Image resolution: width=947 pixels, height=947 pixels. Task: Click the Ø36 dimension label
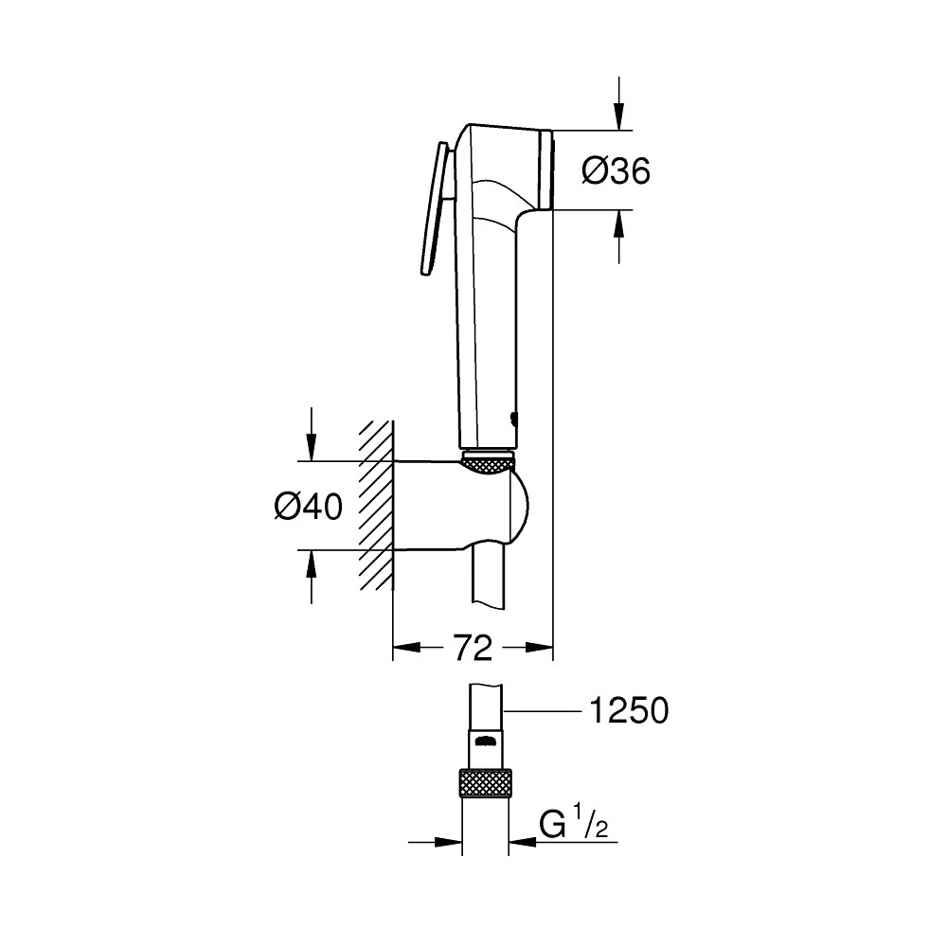[616, 170]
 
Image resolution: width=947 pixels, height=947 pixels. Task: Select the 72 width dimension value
[473, 649]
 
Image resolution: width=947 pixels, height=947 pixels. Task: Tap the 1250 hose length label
[628, 710]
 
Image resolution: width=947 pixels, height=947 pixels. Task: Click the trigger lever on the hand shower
[432, 208]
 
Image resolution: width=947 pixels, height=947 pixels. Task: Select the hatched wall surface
[375, 507]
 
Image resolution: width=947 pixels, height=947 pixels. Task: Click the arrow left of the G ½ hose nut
[445, 841]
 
